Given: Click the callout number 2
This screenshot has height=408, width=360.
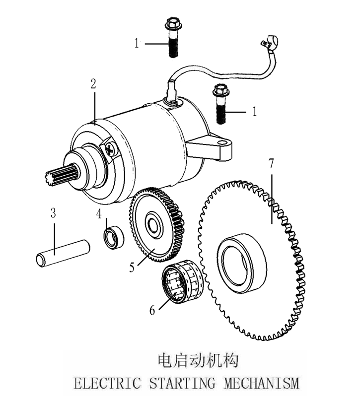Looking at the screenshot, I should (93, 83).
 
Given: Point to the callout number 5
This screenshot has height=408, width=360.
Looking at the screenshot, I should (132, 267).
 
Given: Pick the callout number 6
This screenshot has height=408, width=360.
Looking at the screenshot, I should (152, 310).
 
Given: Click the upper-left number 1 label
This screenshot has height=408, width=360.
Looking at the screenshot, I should (137, 44).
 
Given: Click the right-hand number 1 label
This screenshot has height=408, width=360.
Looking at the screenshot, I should (255, 112).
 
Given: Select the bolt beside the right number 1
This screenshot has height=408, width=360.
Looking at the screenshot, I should (220, 104).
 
